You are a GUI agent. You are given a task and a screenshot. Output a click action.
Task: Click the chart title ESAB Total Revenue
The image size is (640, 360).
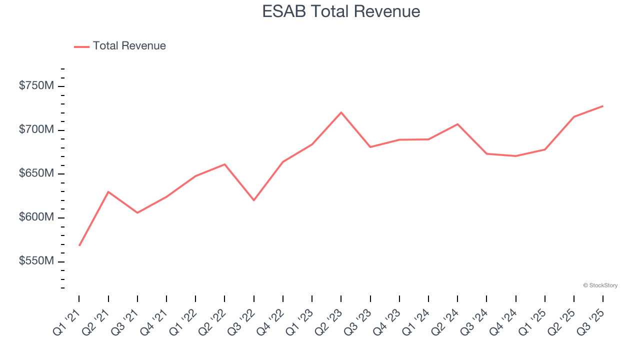pos(341,11)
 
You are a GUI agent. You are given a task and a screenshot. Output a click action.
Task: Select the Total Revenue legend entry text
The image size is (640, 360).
pos(129,46)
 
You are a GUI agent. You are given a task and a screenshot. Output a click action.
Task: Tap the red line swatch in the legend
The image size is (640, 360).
pos(81,46)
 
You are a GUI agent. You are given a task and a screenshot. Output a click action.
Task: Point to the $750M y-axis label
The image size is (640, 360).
pos(36,86)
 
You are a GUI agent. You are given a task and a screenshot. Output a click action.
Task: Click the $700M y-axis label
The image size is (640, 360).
pos(36,130)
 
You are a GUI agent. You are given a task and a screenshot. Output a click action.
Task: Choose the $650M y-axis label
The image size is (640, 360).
pos(36,173)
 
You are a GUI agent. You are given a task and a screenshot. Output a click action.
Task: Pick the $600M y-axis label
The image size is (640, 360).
pos(36,217)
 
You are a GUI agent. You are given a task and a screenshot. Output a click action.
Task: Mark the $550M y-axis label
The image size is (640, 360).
pos(36,261)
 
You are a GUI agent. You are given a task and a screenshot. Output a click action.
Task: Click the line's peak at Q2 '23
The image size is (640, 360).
pos(341,112)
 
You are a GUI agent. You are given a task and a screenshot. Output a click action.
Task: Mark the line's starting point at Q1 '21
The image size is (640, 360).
pos(79,245)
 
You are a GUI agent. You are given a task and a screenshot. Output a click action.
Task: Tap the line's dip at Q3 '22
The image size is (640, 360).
pos(253,200)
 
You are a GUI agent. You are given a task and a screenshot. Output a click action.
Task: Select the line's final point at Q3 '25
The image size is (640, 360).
pos(602,106)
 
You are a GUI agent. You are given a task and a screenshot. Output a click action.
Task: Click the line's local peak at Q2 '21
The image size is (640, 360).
pos(108,191)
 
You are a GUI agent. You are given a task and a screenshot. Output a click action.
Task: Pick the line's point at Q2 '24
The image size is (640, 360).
pos(457,124)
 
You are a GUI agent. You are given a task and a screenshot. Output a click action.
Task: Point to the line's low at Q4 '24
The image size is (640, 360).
pos(515,156)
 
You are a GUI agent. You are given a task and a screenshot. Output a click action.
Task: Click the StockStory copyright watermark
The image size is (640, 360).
pos(600,285)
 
